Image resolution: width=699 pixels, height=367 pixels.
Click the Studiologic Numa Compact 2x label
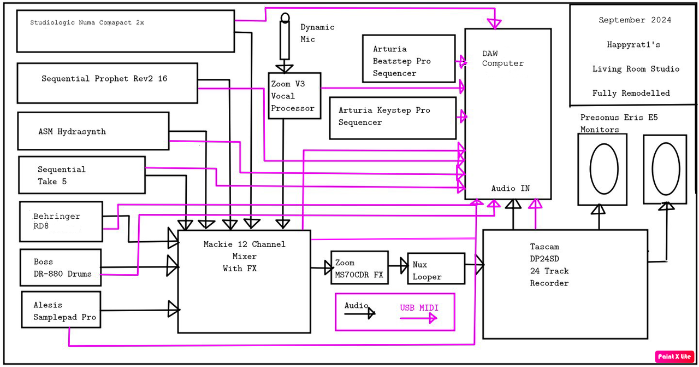[87, 23]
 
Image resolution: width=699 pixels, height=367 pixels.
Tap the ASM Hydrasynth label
[72, 132]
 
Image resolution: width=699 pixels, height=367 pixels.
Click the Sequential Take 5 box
[82, 175]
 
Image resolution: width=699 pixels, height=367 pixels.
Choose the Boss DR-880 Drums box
[61, 267]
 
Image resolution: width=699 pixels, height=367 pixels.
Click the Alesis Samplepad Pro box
[61, 310]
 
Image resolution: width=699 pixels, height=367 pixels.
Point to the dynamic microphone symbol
[285, 38]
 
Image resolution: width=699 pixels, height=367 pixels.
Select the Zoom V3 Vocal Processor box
[294, 96]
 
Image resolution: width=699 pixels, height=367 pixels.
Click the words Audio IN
[510, 188]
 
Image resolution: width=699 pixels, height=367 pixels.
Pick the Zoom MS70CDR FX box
[359, 268]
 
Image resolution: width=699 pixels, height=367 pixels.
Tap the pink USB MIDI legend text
[419, 308]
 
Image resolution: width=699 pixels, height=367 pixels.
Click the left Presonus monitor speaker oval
[604, 169]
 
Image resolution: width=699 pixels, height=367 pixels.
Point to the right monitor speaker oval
[665, 169]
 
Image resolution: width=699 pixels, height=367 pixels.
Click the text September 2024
[635, 20]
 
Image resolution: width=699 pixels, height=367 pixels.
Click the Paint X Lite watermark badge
[674, 357]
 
